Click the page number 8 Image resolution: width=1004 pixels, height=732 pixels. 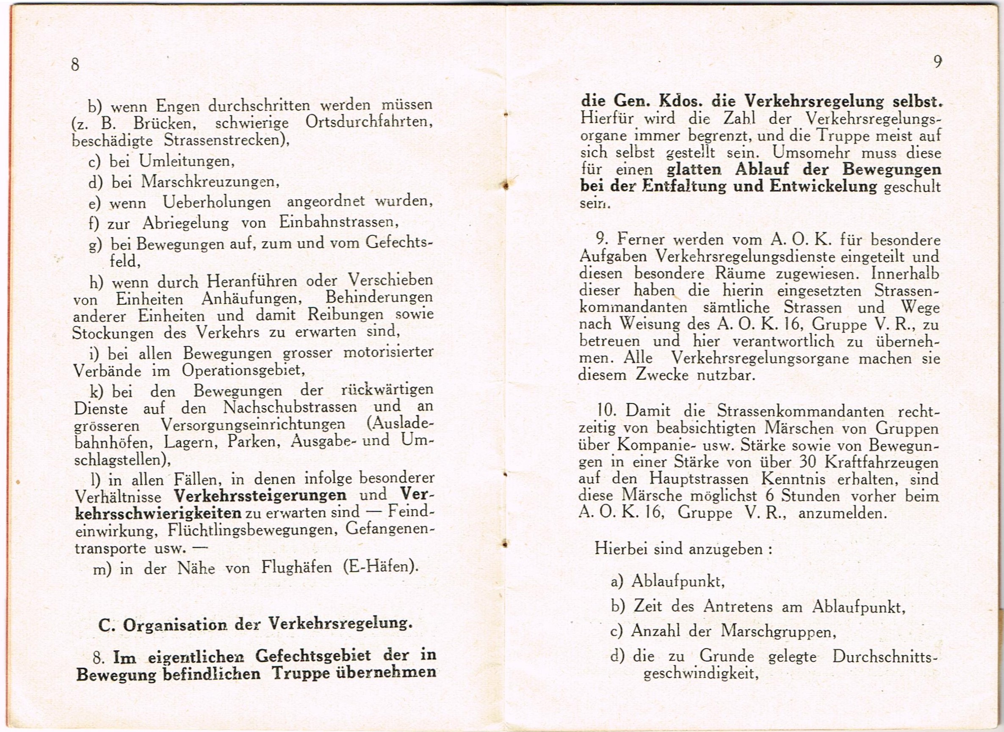75,65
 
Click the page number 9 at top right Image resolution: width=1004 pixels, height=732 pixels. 937,62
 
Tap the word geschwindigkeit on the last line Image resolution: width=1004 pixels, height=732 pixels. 698,674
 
